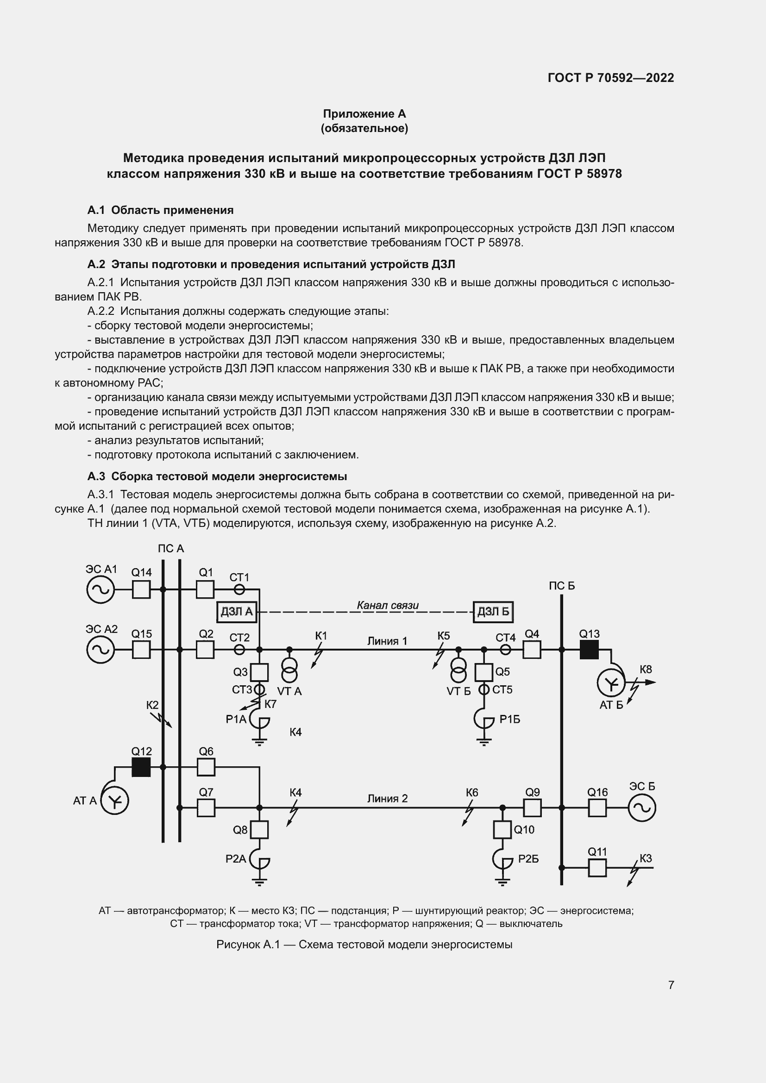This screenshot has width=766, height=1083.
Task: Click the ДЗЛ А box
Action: click(236, 612)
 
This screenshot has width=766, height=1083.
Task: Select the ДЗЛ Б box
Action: click(493, 612)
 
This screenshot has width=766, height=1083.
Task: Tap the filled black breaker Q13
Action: click(589, 650)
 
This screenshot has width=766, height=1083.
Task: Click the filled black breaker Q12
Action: click(141, 767)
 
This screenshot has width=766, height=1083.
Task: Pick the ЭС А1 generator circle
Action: click(100, 589)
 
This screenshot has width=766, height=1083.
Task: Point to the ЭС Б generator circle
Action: click(641, 808)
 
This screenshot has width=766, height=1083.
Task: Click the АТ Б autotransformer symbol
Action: click(611, 683)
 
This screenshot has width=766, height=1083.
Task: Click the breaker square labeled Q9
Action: click(532, 808)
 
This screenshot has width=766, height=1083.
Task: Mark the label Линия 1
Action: click(387, 641)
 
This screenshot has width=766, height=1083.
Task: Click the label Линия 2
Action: click(387, 799)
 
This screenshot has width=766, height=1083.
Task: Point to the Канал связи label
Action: click(388, 605)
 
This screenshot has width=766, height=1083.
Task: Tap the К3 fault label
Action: click(645, 858)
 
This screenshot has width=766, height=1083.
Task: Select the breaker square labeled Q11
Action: click(597, 867)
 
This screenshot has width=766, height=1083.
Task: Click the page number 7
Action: click(671, 985)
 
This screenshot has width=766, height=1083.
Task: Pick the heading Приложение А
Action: click(364, 114)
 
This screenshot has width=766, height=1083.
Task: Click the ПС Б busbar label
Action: click(561, 586)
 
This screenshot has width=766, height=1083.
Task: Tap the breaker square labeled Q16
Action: click(597, 808)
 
